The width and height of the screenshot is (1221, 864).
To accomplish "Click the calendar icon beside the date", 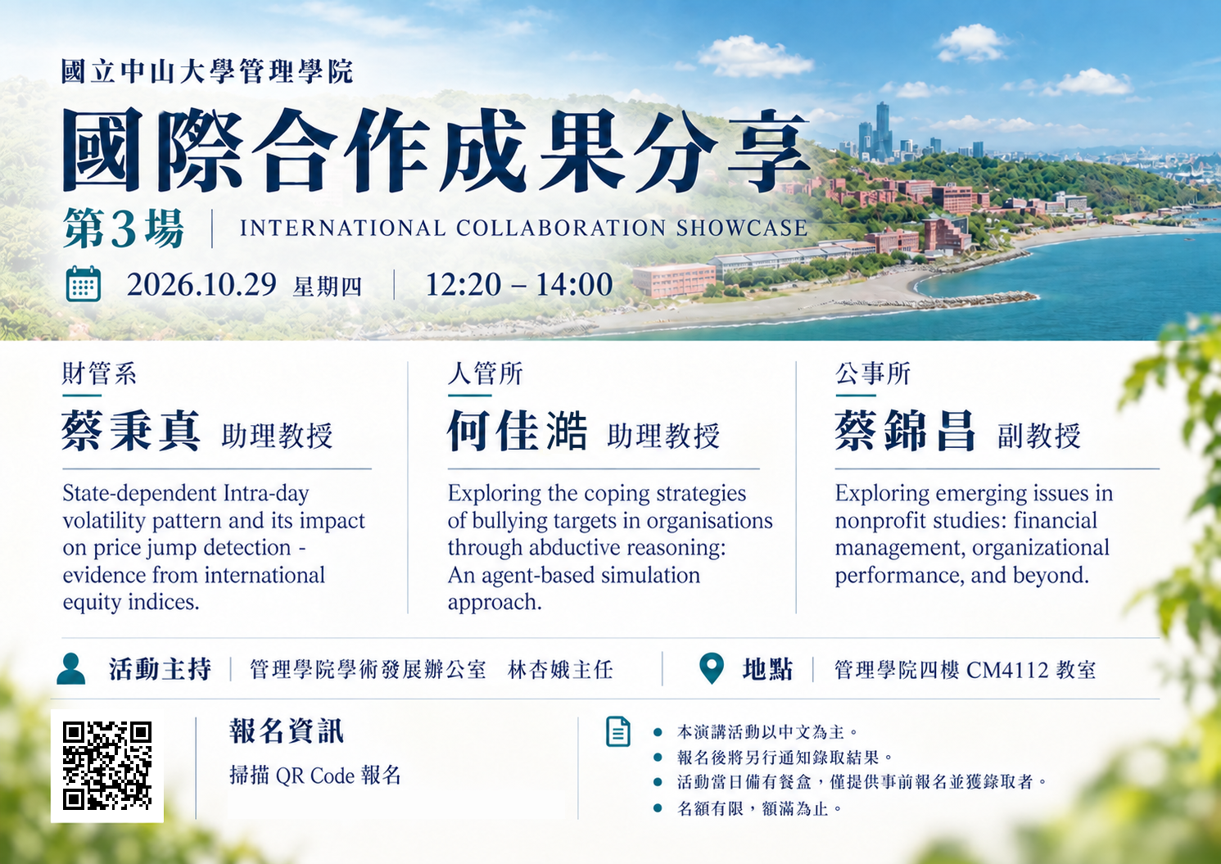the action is (x=84, y=284).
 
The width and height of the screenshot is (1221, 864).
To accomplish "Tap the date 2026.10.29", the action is (x=201, y=284).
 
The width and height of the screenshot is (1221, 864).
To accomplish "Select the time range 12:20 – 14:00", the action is (x=519, y=284).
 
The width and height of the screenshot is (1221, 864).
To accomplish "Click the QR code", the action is (x=106, y=766).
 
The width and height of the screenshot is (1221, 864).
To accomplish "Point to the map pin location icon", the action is (x=712, y=667).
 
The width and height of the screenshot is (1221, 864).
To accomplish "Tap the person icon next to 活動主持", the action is (x=71, y=668).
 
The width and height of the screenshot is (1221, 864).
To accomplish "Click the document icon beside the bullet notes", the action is (x=618, y=731).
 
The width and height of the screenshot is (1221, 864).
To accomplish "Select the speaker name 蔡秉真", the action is (x=131, y=432).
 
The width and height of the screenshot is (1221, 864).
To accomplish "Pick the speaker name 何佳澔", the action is (x=518, y=432).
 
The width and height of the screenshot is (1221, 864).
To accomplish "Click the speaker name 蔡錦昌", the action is (x=905, y=432).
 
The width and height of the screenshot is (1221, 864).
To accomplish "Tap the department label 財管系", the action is (x=98, y=374).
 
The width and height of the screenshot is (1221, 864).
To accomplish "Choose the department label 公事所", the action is (x=873, y=374).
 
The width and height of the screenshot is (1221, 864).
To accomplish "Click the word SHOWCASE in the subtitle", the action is (x=742, y=228).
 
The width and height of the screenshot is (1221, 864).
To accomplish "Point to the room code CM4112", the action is (x=1007, y=670).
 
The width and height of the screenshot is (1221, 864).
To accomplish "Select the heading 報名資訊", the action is (x=287, y=731).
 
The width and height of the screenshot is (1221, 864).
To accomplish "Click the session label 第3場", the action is (x=124, y=229).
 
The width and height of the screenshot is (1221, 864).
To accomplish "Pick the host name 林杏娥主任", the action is (x=560, y=670).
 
